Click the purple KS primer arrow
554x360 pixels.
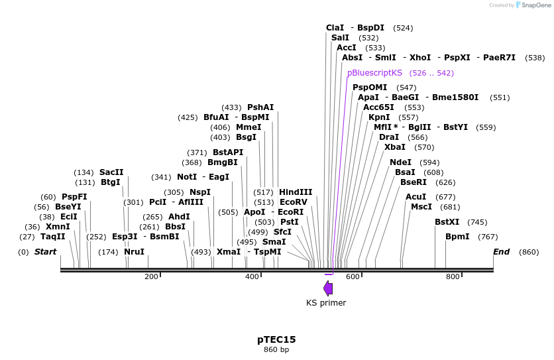pos(328,288)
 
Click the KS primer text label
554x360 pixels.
pos(326,303)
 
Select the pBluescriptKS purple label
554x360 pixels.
pos(374,73)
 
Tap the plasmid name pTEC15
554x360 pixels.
pos(276,339)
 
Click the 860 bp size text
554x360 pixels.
pos(276,349)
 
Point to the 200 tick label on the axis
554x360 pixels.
pos(151,276)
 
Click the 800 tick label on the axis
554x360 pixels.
pos(453,276)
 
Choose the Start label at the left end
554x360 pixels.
pos(45,252)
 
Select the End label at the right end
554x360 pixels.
pos(502,252)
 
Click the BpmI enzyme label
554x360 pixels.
pos(457,237)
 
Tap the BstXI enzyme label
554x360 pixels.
pos(447,222)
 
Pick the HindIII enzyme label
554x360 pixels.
pos(296,192)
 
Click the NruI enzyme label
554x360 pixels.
pos(135,252)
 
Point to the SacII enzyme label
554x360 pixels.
pos(111,172)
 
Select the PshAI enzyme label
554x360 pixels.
pos(260,107)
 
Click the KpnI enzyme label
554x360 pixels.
pos(379,117)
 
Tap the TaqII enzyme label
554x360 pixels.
pos(53,237)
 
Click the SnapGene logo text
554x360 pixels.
pos(537,5)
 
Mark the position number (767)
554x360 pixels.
pos(488,237)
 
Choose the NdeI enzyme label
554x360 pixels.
pos(400,162)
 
